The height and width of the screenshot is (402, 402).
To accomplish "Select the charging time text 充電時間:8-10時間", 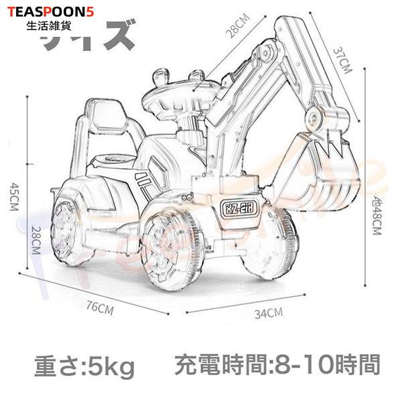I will click(x=277, y=366).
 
